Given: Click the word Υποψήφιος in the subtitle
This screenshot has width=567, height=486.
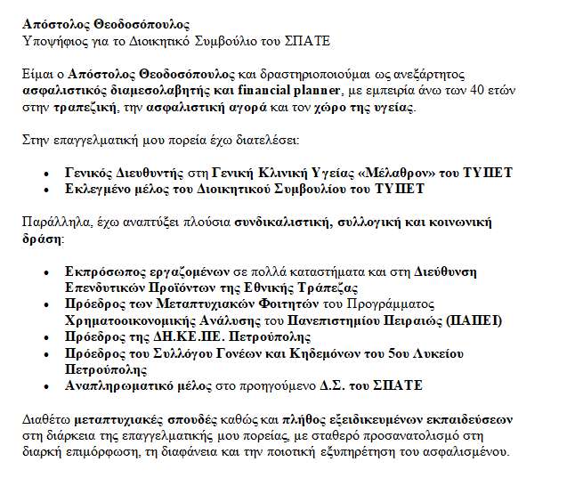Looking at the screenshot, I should click(52, 41).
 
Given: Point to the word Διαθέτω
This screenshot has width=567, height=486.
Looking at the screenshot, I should click(46, 418).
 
